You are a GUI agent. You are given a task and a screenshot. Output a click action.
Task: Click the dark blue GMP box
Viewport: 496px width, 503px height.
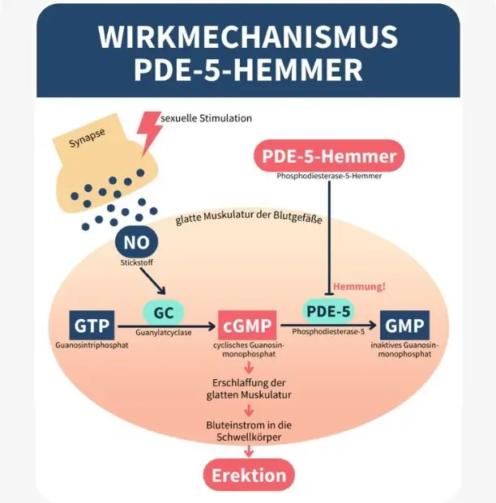404,325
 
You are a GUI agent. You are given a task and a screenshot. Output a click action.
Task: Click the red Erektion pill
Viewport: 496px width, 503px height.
249,475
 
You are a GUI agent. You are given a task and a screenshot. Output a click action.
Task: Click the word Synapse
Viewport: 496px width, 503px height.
87,139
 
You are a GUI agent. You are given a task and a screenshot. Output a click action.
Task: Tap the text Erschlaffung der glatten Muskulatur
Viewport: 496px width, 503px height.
249,388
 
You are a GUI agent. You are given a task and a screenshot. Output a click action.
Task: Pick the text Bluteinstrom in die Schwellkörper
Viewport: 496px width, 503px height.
249,430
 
